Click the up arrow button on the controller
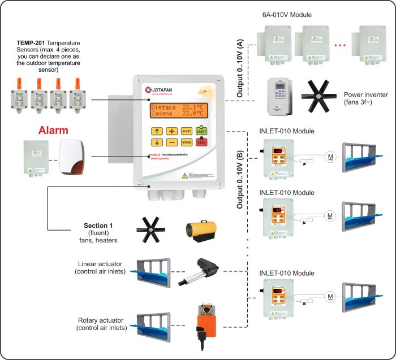point(157,131)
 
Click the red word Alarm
point(53,131)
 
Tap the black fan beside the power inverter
point(319,94)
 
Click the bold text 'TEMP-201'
point(31,43)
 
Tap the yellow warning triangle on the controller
point(184,177)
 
